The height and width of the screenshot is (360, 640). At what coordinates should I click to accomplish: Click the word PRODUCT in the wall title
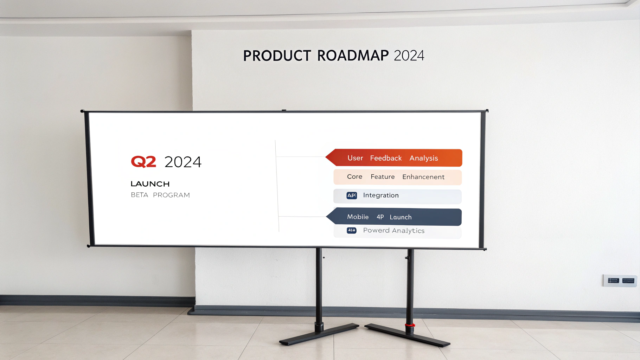tap(277, 56)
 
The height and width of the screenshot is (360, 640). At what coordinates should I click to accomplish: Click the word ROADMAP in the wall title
tap(353, 56)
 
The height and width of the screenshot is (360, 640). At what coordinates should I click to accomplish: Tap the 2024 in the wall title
tap(409, 56)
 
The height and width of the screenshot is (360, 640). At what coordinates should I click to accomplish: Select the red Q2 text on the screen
tap(143, 162)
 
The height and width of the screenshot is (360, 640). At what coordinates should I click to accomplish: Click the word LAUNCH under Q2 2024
tap(150, 184)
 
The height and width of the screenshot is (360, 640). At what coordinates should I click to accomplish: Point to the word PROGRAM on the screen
tap(171, 195)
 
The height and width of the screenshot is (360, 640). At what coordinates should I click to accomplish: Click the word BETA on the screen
tap(139, 195)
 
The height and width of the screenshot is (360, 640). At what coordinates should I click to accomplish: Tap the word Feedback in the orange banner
tap(386, 158)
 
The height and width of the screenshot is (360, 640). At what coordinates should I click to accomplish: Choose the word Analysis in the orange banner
tap(423, 158)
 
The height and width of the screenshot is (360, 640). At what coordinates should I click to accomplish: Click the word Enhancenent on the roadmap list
tap(423, 177)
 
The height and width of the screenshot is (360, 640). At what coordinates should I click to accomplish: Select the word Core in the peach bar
tap(354, 177)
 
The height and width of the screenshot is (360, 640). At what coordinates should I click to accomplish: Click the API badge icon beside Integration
tap(352, 195)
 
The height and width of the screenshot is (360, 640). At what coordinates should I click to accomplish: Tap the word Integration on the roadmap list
tap(381, 195)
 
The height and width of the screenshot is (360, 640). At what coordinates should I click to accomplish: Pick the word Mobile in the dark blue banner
tap(358, 217)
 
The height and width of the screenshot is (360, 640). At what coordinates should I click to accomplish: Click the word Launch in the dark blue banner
tap(401, 217)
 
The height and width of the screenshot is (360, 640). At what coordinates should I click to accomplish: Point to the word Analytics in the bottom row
tap(408, 231)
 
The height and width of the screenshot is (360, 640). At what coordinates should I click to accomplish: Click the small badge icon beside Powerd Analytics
tap(352, 230)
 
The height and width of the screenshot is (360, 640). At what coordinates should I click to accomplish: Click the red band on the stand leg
tap(410, 325)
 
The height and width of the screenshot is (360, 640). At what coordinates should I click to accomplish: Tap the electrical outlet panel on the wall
tap(620, 281)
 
